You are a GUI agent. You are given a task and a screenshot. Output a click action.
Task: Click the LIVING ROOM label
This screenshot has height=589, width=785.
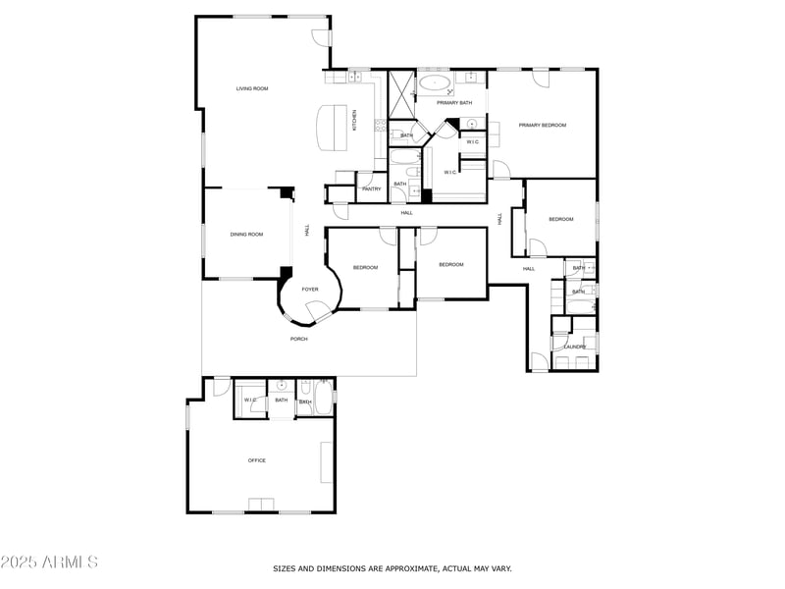coord(252,88)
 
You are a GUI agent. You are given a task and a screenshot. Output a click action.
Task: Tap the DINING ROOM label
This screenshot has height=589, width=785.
coord(246,235)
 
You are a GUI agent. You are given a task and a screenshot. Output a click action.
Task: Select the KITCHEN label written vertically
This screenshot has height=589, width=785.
coord(355,120)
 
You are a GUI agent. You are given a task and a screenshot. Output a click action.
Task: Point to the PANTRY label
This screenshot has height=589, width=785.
coord(371,188)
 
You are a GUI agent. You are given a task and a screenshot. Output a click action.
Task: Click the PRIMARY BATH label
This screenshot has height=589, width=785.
coord(454,103)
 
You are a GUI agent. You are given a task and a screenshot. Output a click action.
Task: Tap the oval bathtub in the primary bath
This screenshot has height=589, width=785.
coord(434,82)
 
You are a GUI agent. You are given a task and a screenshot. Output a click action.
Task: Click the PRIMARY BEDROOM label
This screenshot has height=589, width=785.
coord(543,125)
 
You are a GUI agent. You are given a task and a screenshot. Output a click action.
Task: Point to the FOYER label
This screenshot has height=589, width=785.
coord(310,290)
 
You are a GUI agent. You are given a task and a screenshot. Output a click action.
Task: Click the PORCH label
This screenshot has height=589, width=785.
coord(298,339)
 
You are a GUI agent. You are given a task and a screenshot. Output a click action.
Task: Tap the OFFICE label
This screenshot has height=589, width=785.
coord(257,460)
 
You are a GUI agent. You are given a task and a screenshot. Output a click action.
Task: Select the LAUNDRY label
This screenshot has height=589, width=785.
coord(574,347)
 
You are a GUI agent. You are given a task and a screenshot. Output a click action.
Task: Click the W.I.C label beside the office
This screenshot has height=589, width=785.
coord(249,400)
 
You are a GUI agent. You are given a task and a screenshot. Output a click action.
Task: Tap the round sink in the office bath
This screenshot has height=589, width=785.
coord(282,385)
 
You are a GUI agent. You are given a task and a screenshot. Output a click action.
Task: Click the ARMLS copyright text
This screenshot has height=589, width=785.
coord(49,562)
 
